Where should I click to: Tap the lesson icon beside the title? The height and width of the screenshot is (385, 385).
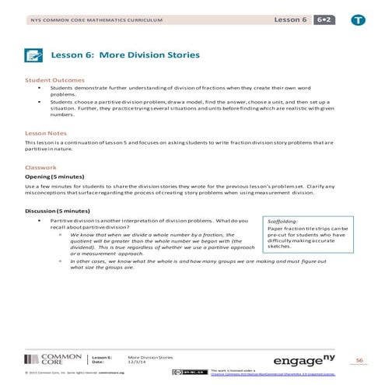tap(33, 55)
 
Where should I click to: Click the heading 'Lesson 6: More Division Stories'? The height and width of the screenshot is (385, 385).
tap(125, 55)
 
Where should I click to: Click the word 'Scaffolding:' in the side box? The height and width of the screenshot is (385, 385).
tap(282, 221)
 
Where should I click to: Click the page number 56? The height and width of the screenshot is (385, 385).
tap(359, 360)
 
